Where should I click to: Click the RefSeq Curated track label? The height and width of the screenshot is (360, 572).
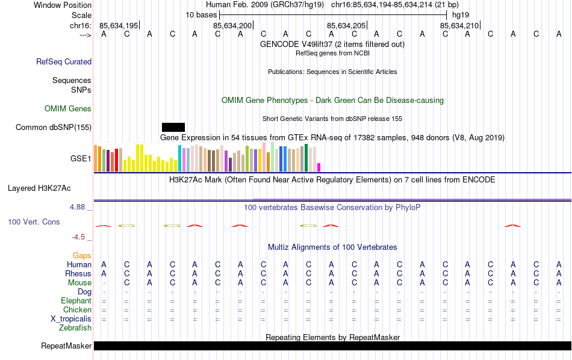(x=64, y=61)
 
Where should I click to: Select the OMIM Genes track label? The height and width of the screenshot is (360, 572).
(x=67, y=108)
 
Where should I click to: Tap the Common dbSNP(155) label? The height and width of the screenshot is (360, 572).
(x=54, y=127)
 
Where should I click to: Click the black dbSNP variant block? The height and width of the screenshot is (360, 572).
(x=173, y=127)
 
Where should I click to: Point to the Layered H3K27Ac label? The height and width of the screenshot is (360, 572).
(x=39, y=188)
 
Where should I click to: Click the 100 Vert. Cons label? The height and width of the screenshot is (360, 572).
(x=34, y=222)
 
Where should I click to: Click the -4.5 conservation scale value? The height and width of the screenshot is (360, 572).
(x=82, y=237)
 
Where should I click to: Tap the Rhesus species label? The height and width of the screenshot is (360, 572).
(x=78, y=273)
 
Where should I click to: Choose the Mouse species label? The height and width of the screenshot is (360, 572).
(x=79, y=282)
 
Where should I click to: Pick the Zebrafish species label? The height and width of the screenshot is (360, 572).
(x=75, y=327)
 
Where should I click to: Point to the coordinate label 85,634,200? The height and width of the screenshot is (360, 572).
(x=232, y=25)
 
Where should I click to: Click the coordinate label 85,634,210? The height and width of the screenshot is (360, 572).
(x=459, y=25)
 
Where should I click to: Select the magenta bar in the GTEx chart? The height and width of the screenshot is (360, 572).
(x=319, y=167)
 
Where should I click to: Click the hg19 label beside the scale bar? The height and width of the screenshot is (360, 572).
(x=461, y=14)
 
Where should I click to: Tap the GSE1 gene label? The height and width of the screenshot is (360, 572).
(x=81, y=159)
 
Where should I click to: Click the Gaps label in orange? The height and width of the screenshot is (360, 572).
(x=82, y=255)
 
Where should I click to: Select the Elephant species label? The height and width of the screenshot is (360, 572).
(x=76, y=300)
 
